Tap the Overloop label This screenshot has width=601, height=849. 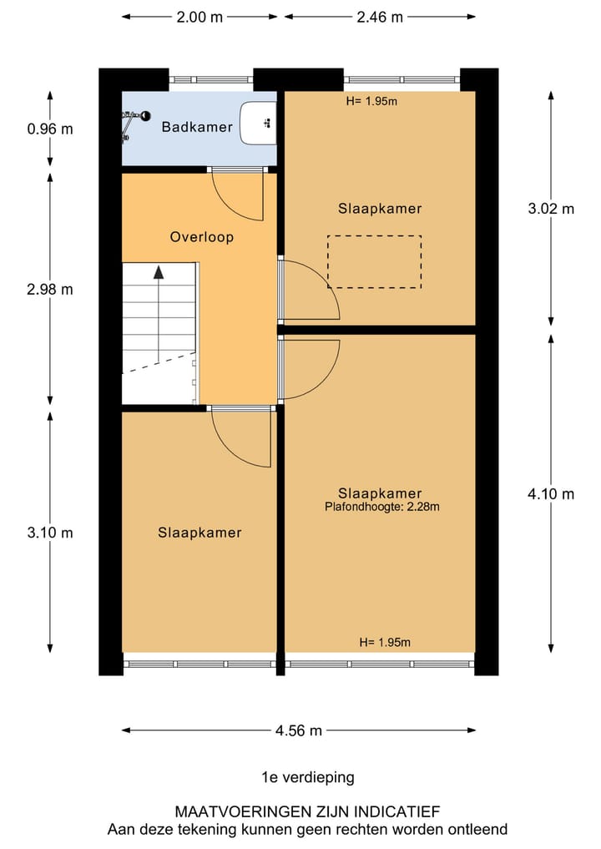[x=202, y=237]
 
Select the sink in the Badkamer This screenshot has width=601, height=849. [x=258, y=123]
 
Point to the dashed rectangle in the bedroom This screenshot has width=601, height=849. [x=374, y=262]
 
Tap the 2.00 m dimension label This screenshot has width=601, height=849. [x=199, y=17]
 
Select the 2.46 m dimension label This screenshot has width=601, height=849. [x=379, y=17]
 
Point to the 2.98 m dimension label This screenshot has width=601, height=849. [x=50, y=290]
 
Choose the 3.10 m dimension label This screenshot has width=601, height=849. [x=50, y=532]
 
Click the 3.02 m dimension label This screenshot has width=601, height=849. [x=551, y=210]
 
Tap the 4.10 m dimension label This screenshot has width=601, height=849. [x=551, y=494]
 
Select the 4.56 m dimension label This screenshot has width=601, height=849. [x=298, y=730]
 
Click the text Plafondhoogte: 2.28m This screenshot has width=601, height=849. [x=382, y=506]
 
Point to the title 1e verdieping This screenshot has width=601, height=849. [x=307, y=777]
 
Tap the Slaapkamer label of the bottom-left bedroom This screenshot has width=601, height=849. [x=199, y=533]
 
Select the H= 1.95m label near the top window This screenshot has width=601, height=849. [x=371, y=102]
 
